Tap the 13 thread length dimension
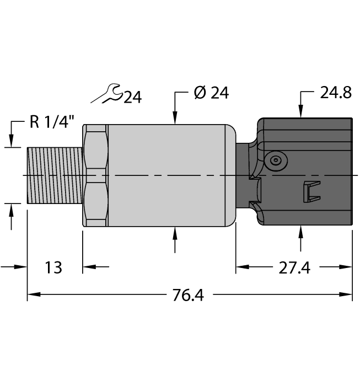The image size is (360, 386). click(x=53, y=268)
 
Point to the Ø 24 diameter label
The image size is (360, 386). click(x=211, y=93)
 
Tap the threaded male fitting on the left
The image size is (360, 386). click(x=55, y=175)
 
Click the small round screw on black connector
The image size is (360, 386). click(x=275, y=160)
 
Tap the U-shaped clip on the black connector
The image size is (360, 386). click(x=310, y=191)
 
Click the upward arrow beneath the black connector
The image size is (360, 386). click(x=301, y=232)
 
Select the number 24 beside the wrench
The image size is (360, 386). click(x=132, y=98)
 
